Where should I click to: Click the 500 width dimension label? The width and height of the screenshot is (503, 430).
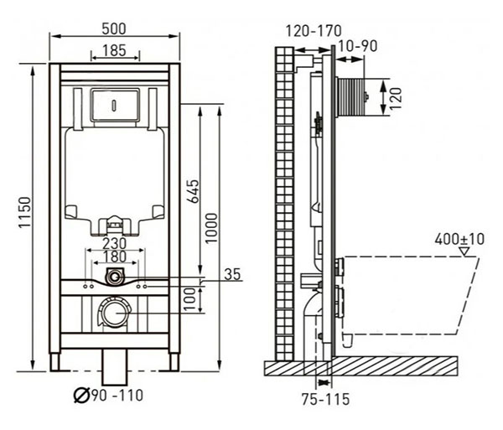[114, 28]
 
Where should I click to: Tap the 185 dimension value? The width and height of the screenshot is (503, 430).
[115, 50]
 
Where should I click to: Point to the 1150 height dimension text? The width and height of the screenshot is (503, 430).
[24, 213]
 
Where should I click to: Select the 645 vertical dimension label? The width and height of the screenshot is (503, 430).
[193, 191]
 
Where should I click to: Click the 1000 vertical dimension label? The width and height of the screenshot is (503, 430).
[211, 228]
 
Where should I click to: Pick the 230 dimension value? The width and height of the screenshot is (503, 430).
[115, 243]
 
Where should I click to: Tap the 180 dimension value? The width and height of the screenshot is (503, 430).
[115, 256]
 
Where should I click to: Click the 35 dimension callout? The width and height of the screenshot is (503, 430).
[232, 274]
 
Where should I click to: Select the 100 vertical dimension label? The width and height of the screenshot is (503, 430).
[190, 299]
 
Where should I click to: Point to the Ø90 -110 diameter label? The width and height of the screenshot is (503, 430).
[108, 395]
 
